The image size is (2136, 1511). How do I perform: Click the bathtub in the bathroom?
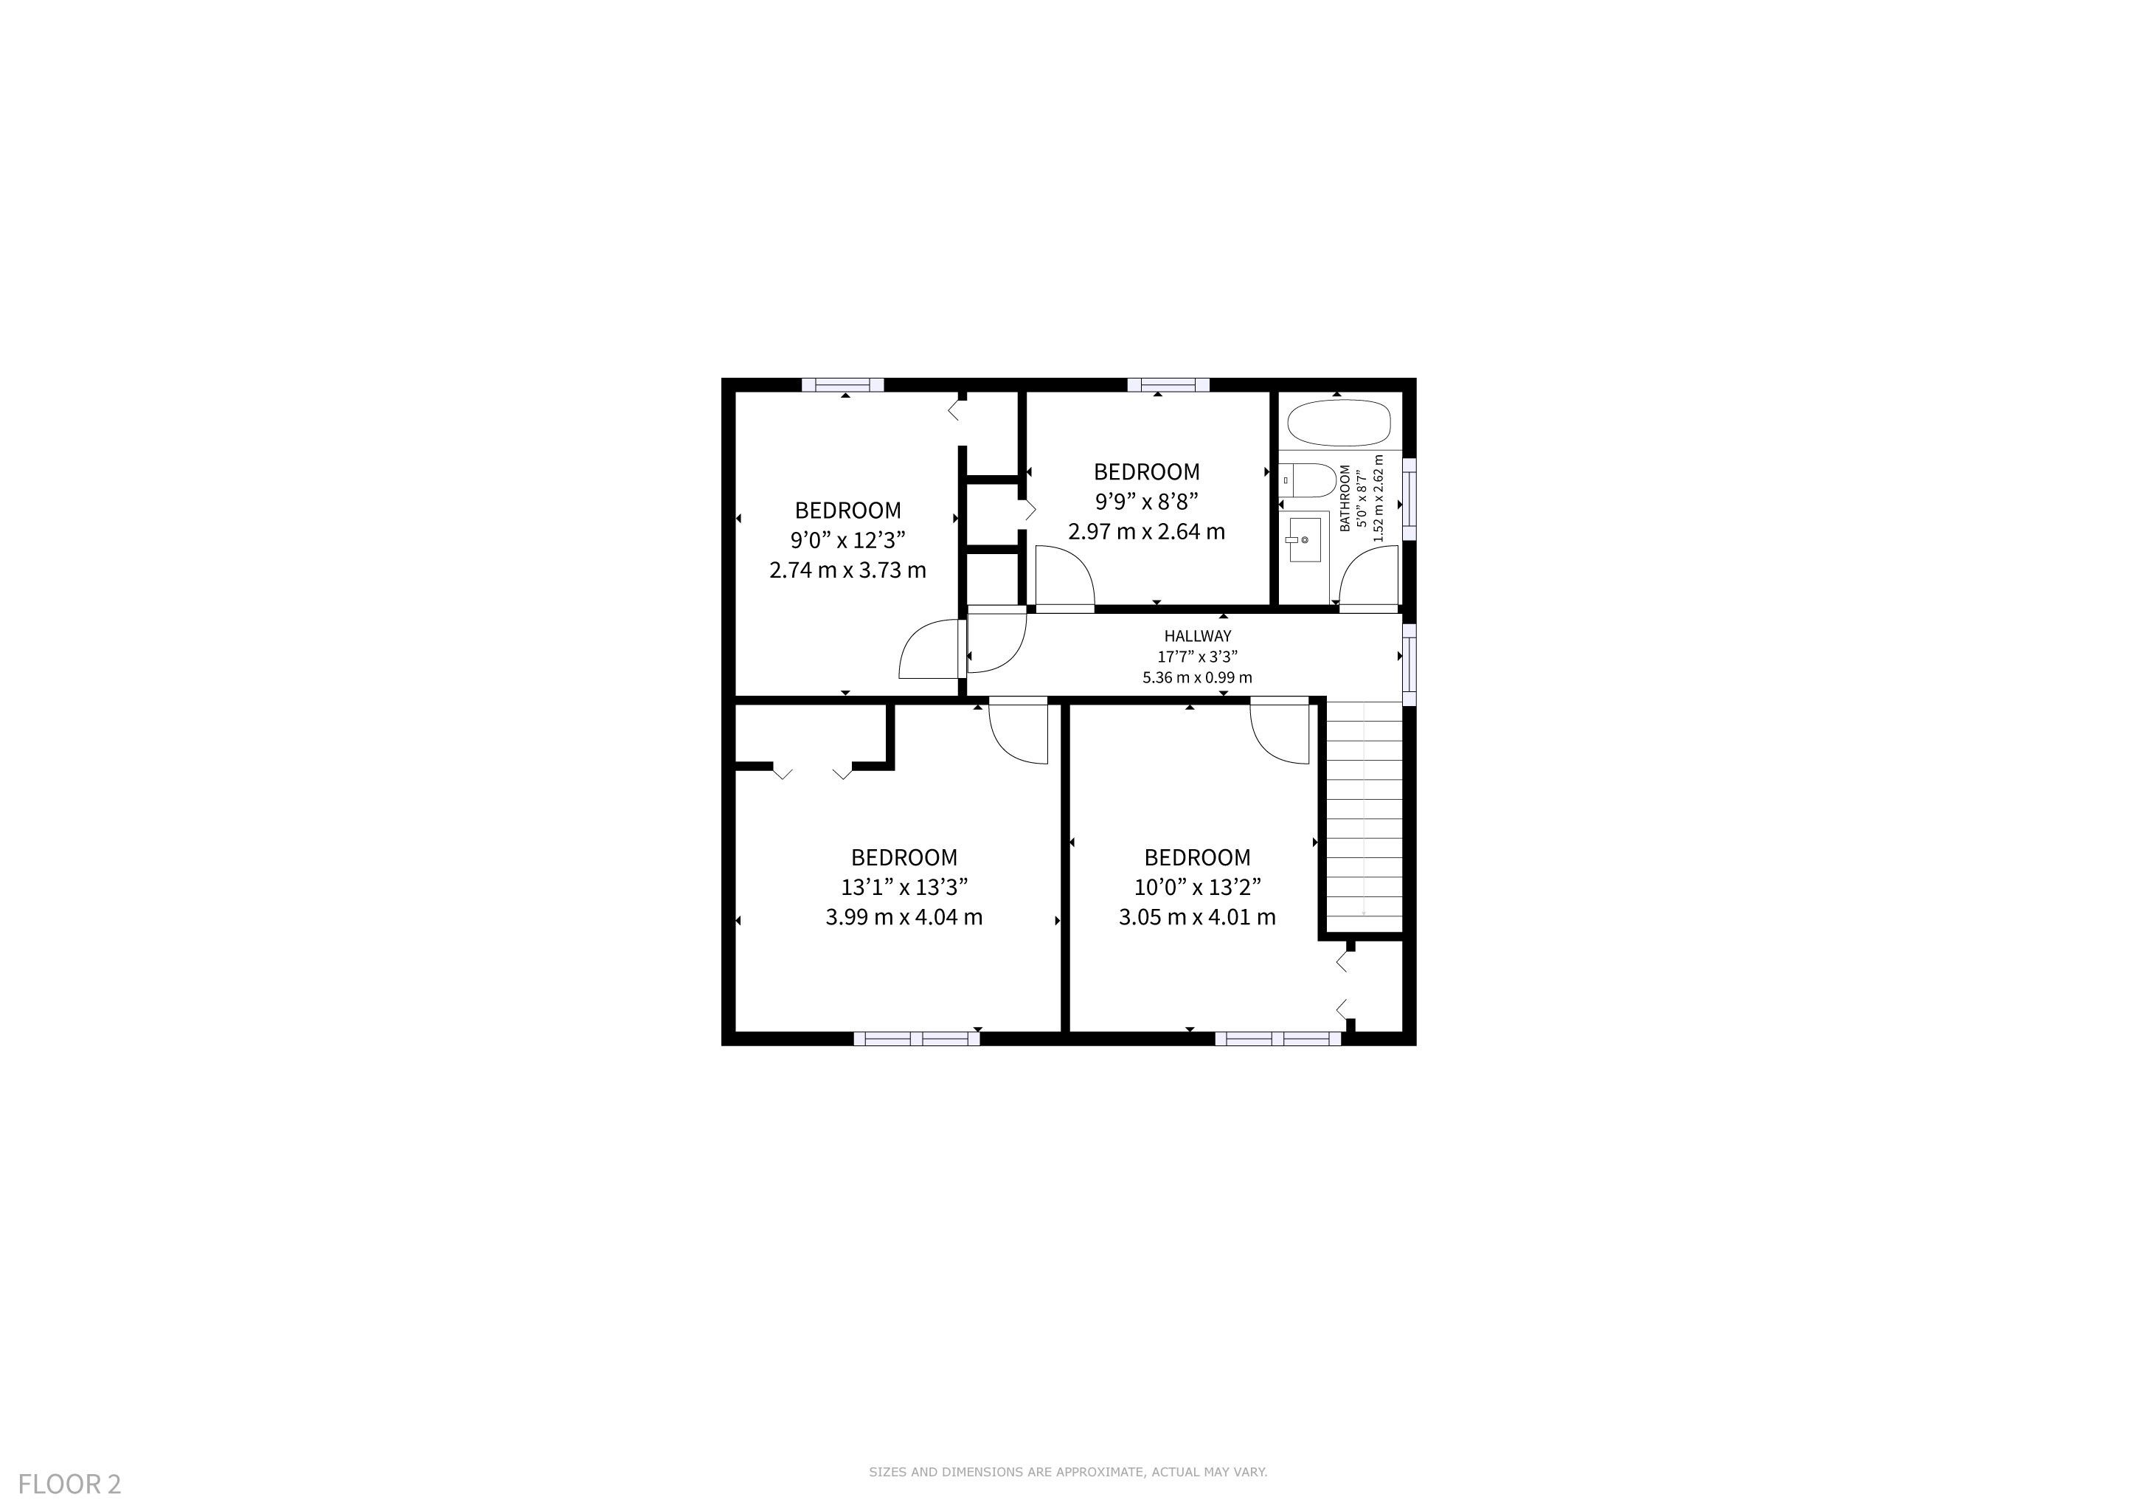pyautogui.click(x=1339, y=423)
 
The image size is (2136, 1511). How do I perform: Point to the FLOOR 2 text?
pyautogui.click(x=70, y=1484)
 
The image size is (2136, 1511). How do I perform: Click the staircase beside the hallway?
pyautogui.click(x=1363, y=815)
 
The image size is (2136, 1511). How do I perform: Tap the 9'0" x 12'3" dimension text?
pyautogui.click(x=847, y=539)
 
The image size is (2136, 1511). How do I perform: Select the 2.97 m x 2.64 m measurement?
pyautogui.click(x=1146, y=531)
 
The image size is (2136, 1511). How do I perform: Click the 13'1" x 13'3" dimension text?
pyautogui.click(x=904, y=887)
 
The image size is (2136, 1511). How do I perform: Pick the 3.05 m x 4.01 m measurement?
pyautogui.click(x=1197, y=916)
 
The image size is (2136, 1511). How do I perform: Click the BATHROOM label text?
pyautogui.click(x=1345, y=498)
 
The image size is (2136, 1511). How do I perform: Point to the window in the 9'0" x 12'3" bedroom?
pyautogui.click(x=843, y=384)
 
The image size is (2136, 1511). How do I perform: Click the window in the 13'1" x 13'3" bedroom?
pyautogui.click(x=916, y=1038)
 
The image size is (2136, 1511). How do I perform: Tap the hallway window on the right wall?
pyautogui.click(x=1409, y=664)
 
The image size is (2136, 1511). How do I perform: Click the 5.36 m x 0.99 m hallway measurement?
pyautogui.click(x=1197, y=677)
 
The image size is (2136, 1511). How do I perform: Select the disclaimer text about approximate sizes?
pyautogui.click(x=1068, y=1472)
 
